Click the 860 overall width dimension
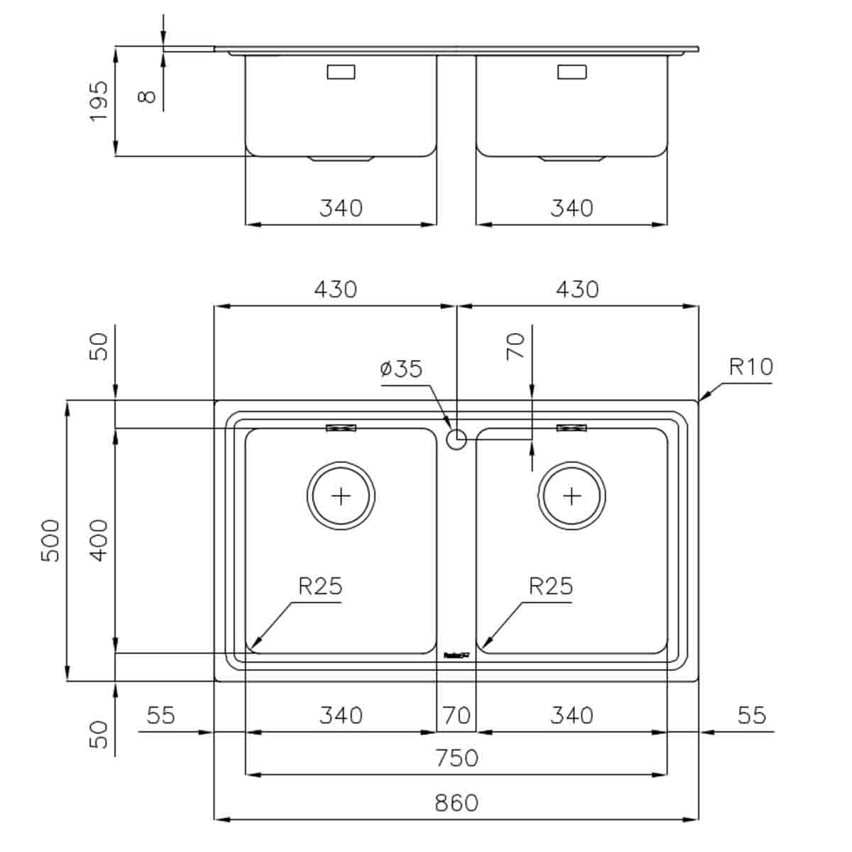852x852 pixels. tap(457, 802)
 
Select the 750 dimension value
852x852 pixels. tap(457, 758)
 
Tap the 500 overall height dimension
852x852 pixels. tap(50, 540)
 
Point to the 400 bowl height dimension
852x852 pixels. tap(99, 540)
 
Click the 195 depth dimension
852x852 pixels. tap(99, 101)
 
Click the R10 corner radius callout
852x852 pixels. tap(750, 367)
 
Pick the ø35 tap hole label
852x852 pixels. tap(401, 368)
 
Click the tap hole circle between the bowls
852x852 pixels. tap(457, 439)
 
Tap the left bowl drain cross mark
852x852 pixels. tap(342, 496)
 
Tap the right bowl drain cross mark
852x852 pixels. tap(572, 496)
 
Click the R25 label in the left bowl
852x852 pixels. tap(320, 586)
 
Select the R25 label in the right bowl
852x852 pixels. tap(551, 586)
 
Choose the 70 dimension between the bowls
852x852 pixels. tap(457, 714)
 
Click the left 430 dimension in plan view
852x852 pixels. tap(335, 289)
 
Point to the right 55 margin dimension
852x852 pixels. tap(751, 714)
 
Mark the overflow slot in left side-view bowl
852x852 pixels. tap(341, 72)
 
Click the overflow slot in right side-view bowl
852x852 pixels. tap(572, 72)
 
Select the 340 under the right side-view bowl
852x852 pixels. tap(572, 208)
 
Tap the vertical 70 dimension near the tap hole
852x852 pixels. tap(516, 346)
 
